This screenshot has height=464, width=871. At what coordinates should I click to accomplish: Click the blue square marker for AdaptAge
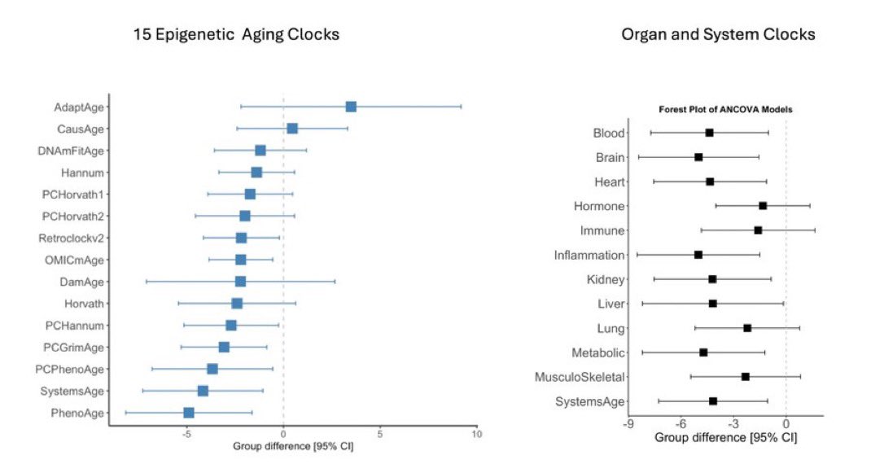[351, 107]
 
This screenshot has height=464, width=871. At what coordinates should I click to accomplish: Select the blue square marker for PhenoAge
[189, 413]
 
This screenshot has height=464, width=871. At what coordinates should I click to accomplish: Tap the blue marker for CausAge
[292, 129]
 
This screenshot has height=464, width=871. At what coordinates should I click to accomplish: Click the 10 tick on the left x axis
[477, 434]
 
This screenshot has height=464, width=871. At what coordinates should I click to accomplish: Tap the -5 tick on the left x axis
[186, 434]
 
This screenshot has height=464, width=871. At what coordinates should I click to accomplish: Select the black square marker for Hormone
[763, 206]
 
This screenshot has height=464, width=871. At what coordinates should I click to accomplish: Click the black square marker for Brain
[698, 157]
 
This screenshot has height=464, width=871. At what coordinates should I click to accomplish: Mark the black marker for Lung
[747, 328]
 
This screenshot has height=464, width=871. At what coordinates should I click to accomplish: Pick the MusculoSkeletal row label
[579, 377]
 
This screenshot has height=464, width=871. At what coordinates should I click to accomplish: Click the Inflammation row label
[589, 255]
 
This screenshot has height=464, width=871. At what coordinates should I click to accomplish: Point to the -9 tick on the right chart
[628, 424]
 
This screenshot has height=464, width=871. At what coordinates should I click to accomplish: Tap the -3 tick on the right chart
[733, 424]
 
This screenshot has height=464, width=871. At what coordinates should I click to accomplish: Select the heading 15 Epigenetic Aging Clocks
[236, 35]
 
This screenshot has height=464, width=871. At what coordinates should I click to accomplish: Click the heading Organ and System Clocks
[718, 35]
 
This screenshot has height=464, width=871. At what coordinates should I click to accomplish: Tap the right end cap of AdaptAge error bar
[462, 107]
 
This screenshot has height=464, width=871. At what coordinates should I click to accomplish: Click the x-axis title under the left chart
[293, 446]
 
